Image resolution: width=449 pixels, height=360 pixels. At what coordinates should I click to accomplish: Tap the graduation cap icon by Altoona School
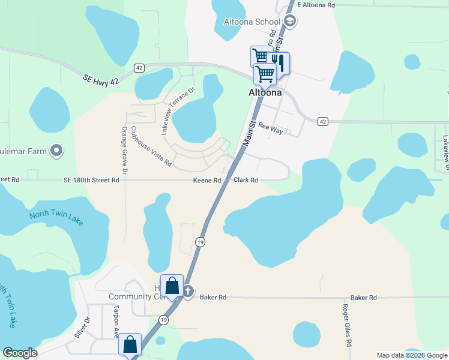point(291,22)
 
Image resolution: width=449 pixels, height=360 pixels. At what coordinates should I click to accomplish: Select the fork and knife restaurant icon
point(279,62)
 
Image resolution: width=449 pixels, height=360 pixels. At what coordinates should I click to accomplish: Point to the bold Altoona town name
point(265,93)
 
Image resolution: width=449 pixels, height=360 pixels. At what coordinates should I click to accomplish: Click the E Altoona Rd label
point(316,5)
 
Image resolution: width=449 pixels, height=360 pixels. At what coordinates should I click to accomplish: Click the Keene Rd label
point(207,180)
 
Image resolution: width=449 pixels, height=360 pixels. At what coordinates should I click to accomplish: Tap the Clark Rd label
point(246,180)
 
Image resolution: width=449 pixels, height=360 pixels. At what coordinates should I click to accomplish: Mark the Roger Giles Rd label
point(346,325)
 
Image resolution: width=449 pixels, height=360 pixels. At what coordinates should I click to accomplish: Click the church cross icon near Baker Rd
point(188,292)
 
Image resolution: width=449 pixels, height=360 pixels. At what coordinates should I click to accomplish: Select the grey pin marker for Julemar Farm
point(56,151)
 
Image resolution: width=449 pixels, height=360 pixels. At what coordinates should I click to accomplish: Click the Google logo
point(20,353)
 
